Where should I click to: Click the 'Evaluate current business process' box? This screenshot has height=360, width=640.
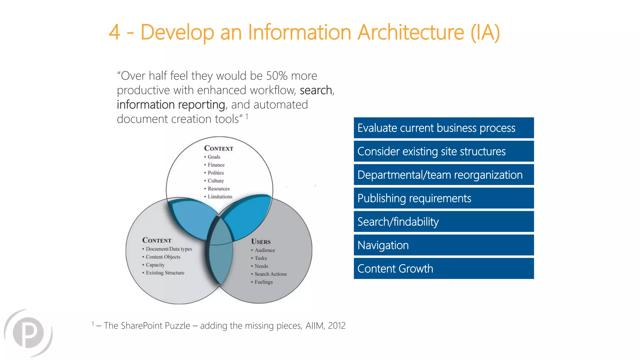(443, 128)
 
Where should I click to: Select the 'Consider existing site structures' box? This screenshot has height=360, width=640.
(443, 151)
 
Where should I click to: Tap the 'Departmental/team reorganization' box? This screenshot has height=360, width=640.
(443, 175)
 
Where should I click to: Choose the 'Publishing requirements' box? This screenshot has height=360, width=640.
(443, 198)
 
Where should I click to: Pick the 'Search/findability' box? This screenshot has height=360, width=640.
(443, 222)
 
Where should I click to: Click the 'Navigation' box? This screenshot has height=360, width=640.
(443, 245)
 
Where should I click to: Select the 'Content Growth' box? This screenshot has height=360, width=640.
(443, 268)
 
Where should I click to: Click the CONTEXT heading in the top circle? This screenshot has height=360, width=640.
(218, 148)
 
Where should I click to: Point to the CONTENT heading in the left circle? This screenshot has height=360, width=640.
(157, 240)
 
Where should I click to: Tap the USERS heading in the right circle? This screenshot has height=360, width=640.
(261, 242)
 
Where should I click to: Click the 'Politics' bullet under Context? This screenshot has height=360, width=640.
(216, 173)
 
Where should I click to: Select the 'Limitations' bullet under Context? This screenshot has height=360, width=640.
(220, 197)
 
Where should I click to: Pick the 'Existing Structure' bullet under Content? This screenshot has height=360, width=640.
(165, 273)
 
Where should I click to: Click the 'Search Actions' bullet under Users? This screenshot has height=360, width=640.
(270, 274)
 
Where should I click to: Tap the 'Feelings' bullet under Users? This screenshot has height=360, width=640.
(263, 282)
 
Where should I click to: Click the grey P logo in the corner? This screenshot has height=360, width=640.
(28, 332)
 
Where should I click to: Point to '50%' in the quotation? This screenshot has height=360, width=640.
(277, 76)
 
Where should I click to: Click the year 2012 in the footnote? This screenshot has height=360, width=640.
(337, 326)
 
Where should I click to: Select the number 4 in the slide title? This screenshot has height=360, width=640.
(114, 32)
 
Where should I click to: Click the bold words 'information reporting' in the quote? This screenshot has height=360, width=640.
(171, 105)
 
